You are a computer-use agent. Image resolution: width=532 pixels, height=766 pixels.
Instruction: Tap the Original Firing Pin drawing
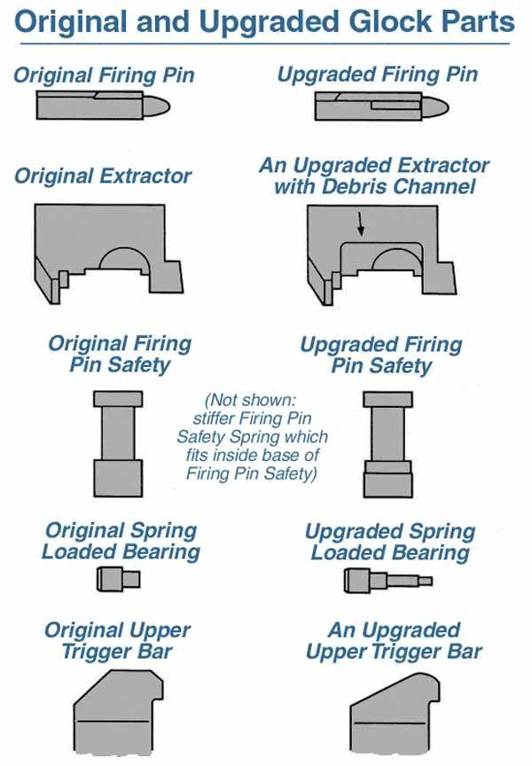pyautogui.click(x=103, y=105)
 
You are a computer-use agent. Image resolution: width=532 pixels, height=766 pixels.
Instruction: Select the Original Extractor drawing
pyautogui.click(x=109, y=253)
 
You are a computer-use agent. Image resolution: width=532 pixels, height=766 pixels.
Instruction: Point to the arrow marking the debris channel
pyautogui.click(x=361, y=223)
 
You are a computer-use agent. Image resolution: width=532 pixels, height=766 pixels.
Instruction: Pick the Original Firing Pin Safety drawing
pyautogui.click(x=118, y=443)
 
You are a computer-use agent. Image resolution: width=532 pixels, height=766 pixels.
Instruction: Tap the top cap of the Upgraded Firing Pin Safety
pyautogui.click(x=387, y=399)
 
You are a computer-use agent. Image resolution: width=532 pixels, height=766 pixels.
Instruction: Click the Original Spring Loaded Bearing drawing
pyautogui.click(x=118, y=579)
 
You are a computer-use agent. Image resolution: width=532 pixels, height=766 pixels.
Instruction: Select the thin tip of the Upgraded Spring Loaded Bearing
pyautogui.click(x=426, y=581)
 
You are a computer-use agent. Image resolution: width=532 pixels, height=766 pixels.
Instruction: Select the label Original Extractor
pyautogui.click(x=103, y=176)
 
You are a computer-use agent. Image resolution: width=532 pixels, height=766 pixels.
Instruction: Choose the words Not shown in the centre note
pyautogui.click(x=251, y=400)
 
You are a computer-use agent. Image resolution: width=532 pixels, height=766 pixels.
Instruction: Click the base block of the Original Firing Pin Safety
pyautogui.click(x=118, y=478)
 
